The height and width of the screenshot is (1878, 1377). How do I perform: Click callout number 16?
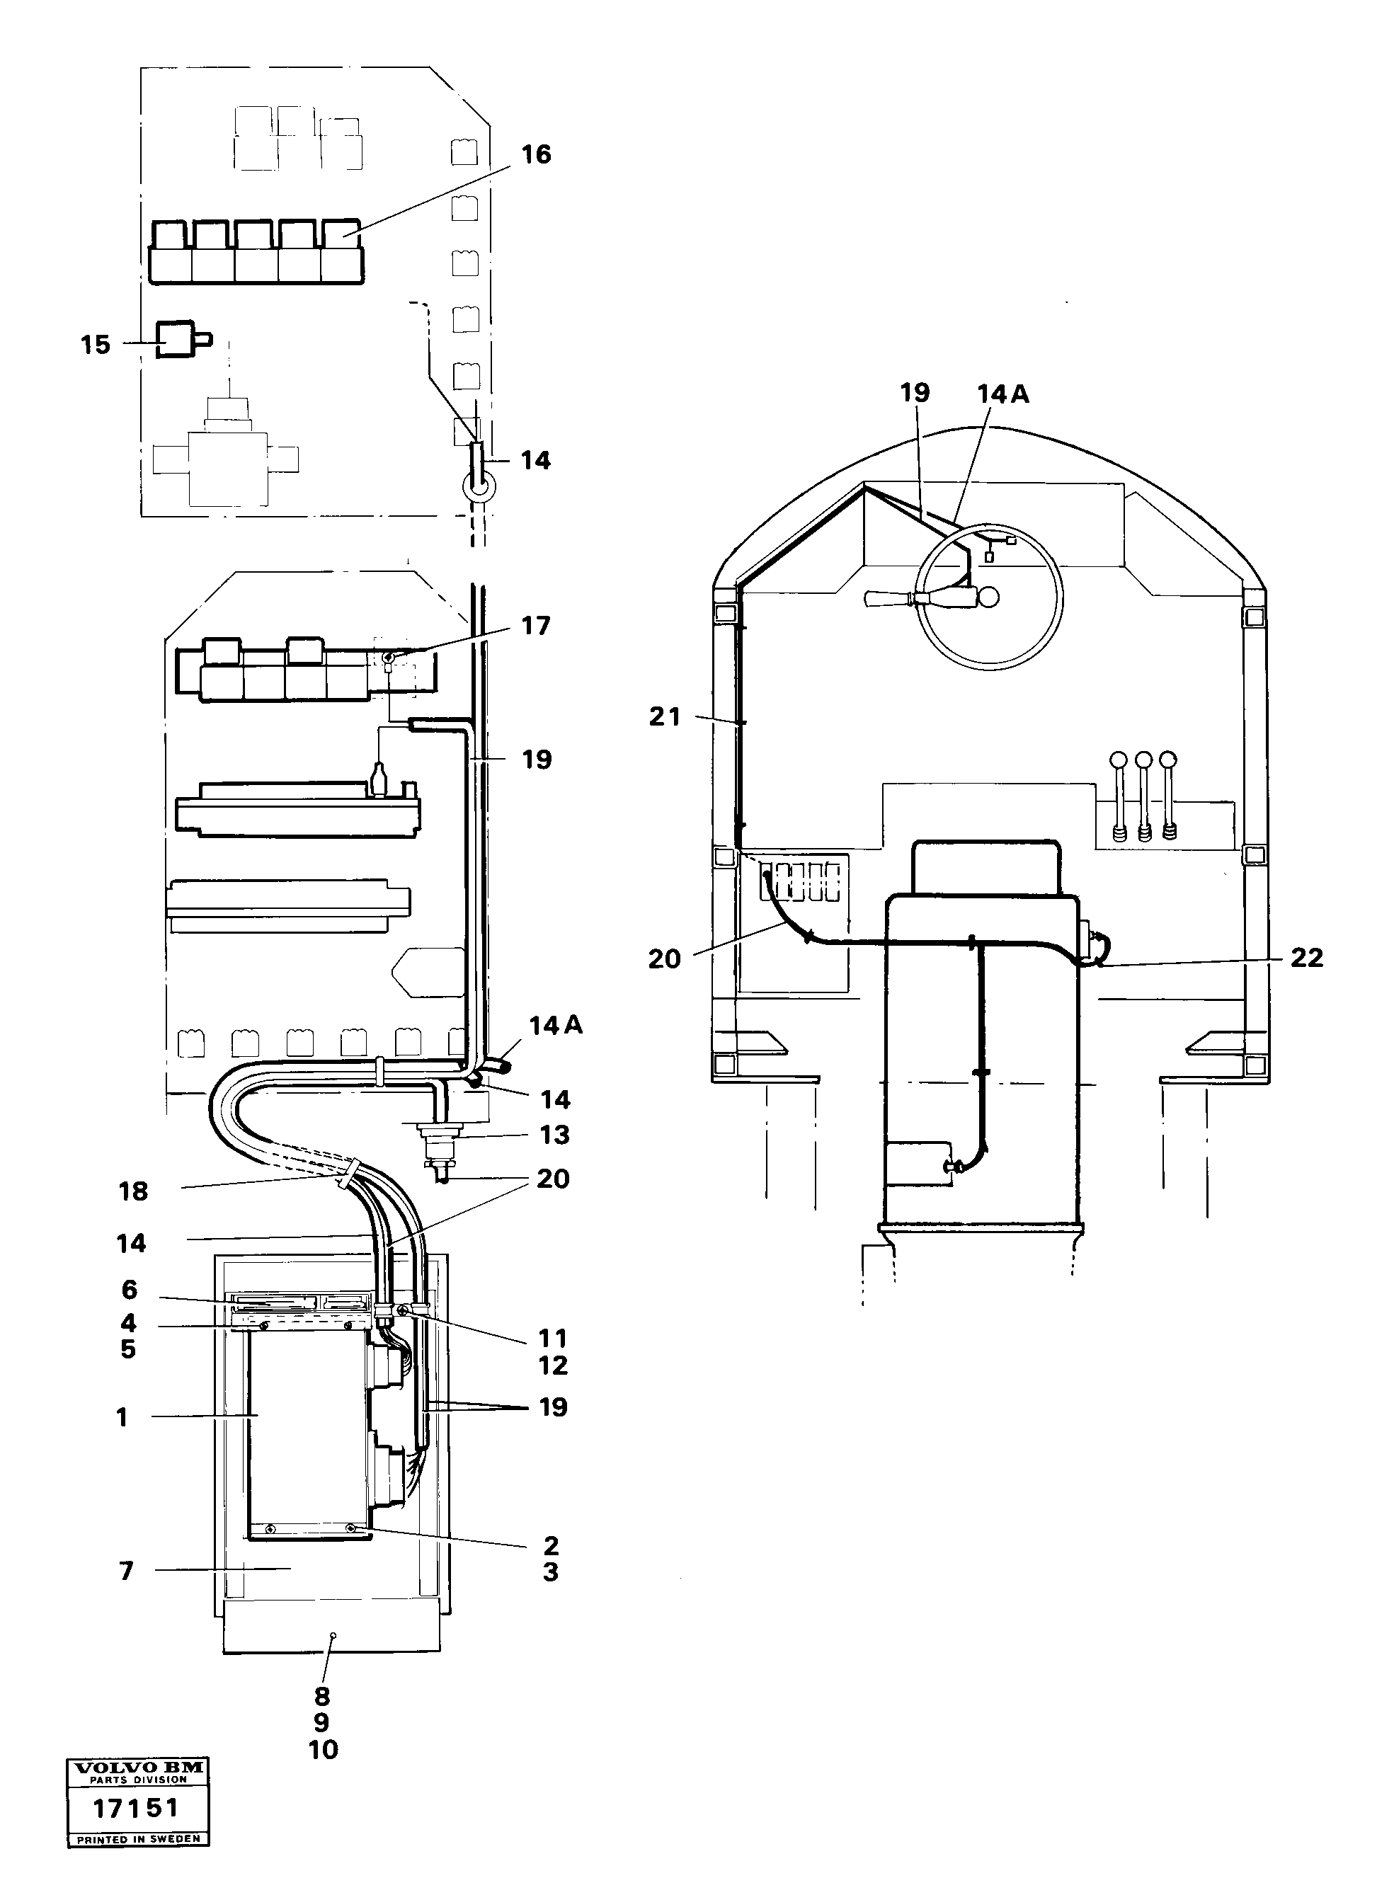536,154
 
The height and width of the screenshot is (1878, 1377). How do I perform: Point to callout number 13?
554,1134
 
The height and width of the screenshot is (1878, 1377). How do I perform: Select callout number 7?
126,1571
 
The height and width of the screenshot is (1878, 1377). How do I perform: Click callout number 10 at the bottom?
323,1750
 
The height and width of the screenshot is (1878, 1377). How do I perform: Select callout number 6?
129,1290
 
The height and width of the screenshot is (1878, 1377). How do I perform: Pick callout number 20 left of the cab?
664,959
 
